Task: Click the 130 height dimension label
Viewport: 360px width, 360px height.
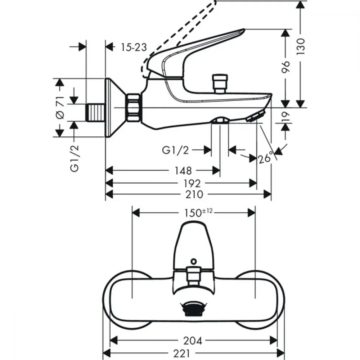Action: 301,46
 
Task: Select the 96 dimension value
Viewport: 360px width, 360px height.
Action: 285,67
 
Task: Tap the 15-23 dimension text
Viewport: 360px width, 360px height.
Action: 134,47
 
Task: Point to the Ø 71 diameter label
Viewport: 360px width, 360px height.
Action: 60,108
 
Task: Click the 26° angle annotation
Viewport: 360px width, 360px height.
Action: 266,158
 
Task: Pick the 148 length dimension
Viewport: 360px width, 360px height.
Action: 183,171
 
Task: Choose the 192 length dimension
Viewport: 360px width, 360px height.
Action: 192,184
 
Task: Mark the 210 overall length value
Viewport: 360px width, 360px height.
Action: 194,194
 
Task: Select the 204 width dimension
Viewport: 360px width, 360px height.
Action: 193,341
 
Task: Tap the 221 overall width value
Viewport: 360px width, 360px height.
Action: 182,354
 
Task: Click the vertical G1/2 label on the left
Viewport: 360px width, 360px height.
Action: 75,158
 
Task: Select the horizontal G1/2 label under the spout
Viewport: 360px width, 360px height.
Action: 175,150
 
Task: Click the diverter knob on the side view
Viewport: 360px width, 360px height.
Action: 220,84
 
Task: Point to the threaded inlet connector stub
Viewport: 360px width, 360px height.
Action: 95,112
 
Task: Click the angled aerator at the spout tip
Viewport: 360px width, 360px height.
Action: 256,116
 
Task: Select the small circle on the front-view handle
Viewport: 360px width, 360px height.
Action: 194,261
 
